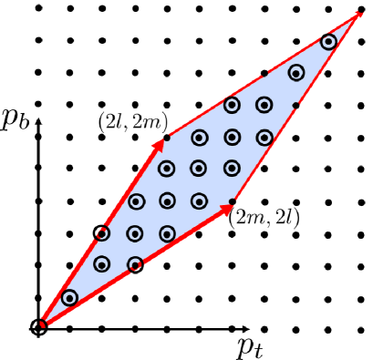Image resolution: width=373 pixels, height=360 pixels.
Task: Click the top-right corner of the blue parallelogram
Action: [x=357, y=12]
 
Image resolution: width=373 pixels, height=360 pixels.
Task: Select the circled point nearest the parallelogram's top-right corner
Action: [x=328, y=42]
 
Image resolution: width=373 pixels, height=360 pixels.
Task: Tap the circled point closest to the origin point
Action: [x=69, y=297]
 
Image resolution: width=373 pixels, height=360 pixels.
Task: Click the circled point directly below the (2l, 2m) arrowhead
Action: [x=167, y=169]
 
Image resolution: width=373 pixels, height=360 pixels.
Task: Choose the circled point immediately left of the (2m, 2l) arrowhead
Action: [x=199, y=201]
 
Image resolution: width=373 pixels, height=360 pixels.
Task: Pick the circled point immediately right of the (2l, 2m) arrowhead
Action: [x=199, y=138]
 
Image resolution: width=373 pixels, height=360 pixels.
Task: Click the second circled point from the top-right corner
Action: [x=296, y=73]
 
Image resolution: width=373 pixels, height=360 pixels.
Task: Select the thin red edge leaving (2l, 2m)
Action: [x=262, y=76]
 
